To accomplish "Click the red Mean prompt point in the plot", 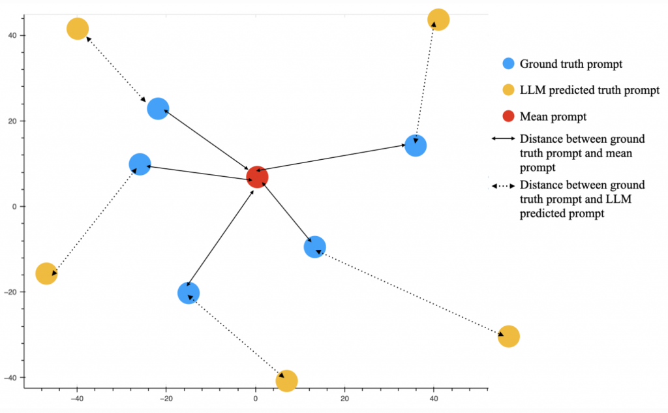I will (x=257, y=176).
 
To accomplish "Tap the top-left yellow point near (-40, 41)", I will (x=78, y=29).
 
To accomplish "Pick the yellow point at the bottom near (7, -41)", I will (x=287, y=380).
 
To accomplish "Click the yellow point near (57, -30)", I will (x=508, y=336).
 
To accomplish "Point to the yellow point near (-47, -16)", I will (x=46, y=273).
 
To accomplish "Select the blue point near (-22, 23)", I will (x=158, y=108).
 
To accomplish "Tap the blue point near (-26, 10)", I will (x=140, y=164).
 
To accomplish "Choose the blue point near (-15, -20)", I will (x=189, y=293).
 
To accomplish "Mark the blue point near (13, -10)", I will (x=314, y=247).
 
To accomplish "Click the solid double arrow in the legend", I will (x=503, y=139).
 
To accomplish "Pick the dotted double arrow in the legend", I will (x=503, y=186).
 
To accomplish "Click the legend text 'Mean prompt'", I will (x=553, y=117).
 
